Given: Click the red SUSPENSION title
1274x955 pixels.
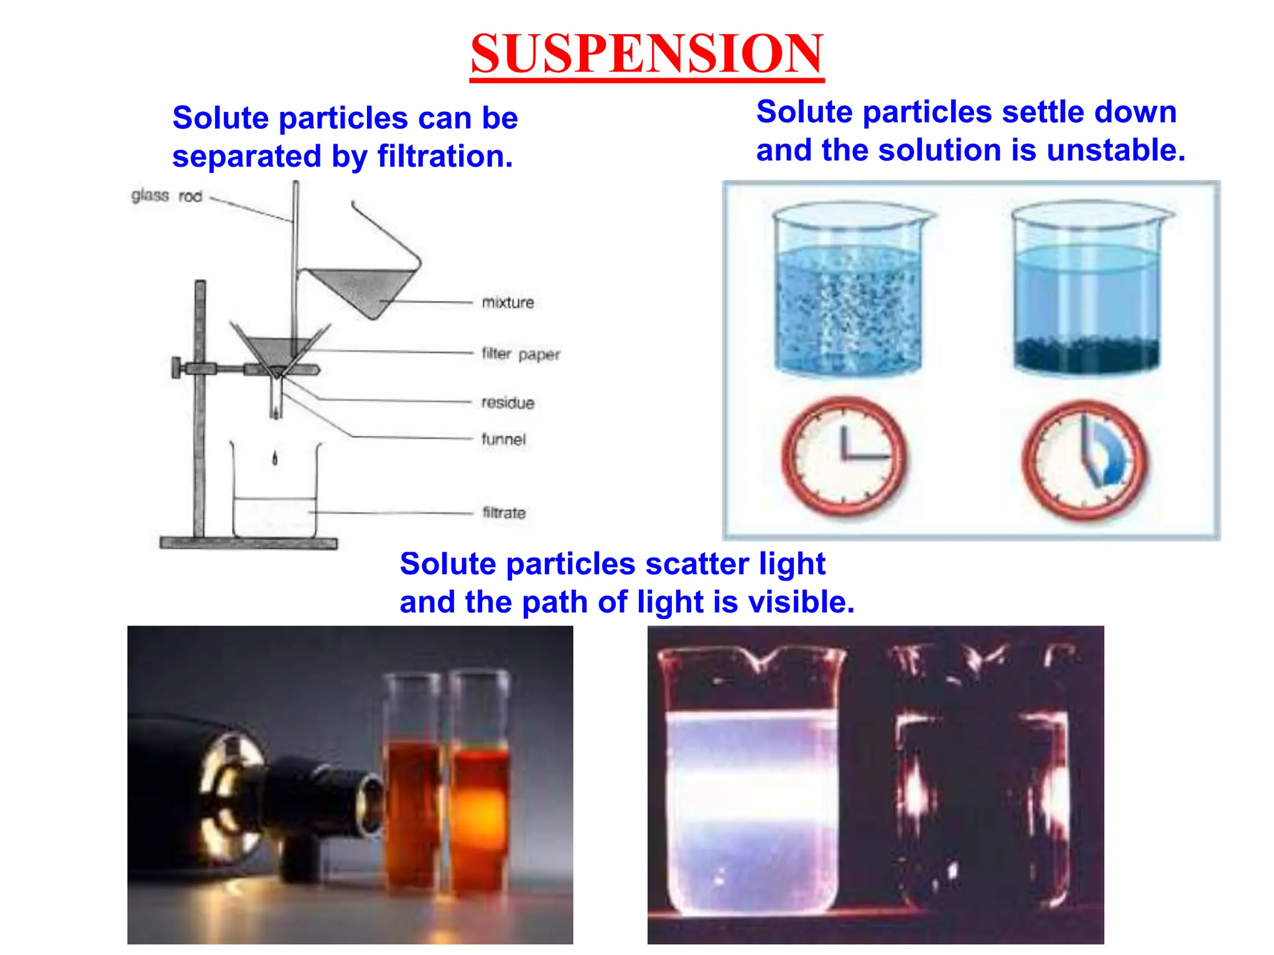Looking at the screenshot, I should tap(646, 54).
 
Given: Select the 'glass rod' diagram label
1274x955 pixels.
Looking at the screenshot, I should tap(167, 196).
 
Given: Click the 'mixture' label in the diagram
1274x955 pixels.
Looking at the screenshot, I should tap(508, 303).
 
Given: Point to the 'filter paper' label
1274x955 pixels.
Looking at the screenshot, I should tap(521, 354).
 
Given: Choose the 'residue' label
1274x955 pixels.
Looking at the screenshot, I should tap(508, 403).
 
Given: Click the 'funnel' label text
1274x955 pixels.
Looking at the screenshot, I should tap(503, 440).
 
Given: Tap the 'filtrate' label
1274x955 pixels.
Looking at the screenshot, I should tap(504, 513).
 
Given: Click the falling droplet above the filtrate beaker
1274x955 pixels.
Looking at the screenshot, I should tap(275, 459).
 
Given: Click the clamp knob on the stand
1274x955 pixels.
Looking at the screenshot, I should tap(177, 367).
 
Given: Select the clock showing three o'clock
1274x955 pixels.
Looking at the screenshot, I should tap(844, 457).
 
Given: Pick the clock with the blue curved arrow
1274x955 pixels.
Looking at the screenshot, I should tap(1085, 461).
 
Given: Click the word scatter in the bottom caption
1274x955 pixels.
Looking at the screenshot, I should tap(697, 565).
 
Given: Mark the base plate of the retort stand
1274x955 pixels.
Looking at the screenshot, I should tap(248, 543).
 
